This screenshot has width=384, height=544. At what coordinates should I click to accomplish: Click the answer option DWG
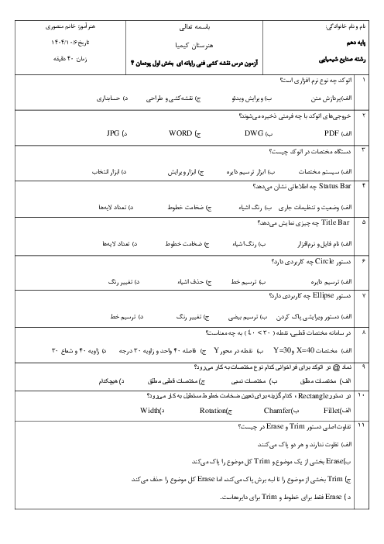pos(254,133)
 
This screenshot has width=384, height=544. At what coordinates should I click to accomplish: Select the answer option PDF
pos(331,133)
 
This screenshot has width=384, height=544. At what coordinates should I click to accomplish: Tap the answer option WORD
pos(180,133)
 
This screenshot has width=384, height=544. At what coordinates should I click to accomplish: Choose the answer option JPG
pos(113,133)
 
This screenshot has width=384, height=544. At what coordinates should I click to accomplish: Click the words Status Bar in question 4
pos(334,186)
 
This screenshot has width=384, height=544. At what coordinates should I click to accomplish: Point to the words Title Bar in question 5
pos(335,222)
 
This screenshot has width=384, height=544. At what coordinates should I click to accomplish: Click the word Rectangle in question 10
pos(313,396)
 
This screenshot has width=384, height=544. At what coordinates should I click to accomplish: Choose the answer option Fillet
pos(331,411)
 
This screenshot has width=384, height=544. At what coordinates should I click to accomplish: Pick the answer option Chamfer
pos(277,411)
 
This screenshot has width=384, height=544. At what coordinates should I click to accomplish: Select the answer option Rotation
pos(212,411)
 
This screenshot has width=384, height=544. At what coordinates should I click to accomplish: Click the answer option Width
pos(149,411)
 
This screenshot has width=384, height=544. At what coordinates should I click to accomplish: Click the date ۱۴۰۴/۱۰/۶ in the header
pos(70,43)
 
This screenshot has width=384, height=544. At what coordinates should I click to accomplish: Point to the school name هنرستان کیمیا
pos(194,45)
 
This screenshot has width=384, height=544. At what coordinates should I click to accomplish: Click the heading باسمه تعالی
pos(194,27)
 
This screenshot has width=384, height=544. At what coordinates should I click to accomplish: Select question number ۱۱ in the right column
pos(361,425)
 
